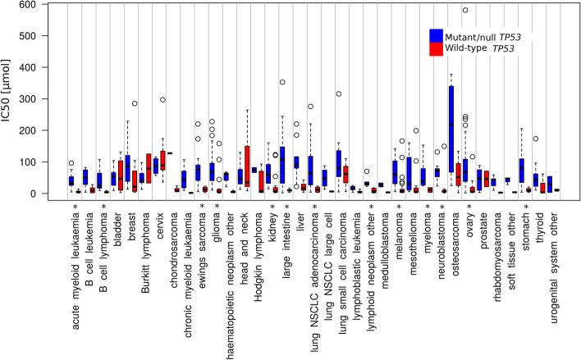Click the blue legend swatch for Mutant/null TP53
click(x=437, y=35)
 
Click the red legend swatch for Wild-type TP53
click(x=437, y=49)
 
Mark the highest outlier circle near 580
click(x=465, y=11)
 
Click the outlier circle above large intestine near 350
click(x=282, y=82)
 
